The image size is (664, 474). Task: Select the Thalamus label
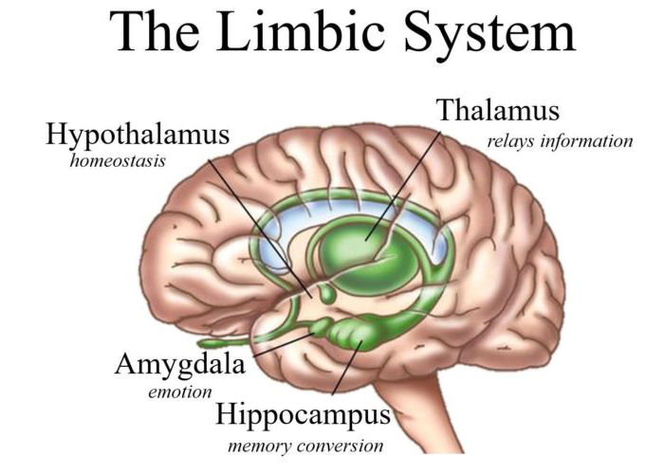498,110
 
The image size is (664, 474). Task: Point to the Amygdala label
180,365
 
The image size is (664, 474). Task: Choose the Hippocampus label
304,415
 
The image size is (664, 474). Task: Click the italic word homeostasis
118,161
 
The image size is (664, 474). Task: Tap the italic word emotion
180,392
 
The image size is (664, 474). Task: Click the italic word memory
260,447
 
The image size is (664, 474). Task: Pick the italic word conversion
340,447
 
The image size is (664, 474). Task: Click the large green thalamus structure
364,258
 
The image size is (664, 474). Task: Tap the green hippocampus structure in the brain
354,334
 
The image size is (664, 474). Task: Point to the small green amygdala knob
322,327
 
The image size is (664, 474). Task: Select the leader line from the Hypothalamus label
261,228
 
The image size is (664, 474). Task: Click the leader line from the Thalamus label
403,186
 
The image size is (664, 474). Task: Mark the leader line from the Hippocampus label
347,367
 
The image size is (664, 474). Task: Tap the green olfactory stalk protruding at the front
225,342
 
